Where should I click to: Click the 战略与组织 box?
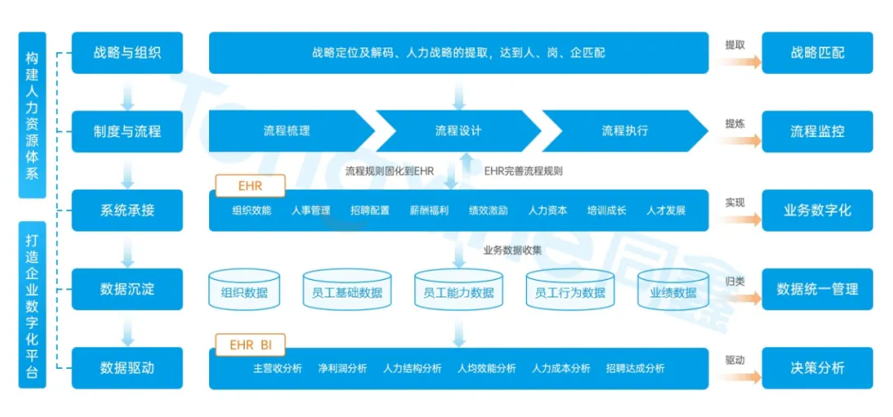point(127,52)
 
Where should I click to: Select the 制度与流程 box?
point(127,131)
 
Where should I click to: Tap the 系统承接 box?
point(127,210)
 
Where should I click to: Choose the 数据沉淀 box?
point(127,289)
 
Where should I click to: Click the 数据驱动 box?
point(127,368)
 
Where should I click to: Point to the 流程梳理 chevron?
point(286,131)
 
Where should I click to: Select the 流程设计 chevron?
point(458,131)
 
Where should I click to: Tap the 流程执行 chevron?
point(624,131)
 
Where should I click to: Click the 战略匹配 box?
point(817,52)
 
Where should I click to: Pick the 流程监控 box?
point(817,131)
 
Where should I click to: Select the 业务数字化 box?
point(817,210)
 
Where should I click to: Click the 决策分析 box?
point(817,368)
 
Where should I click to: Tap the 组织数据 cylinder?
point(244,291)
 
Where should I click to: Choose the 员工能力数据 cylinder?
point(458,291)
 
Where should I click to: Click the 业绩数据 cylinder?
point(672,291)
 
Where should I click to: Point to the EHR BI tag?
point(250,343)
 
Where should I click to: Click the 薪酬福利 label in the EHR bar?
point(429,211)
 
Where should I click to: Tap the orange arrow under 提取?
point(740,61)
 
